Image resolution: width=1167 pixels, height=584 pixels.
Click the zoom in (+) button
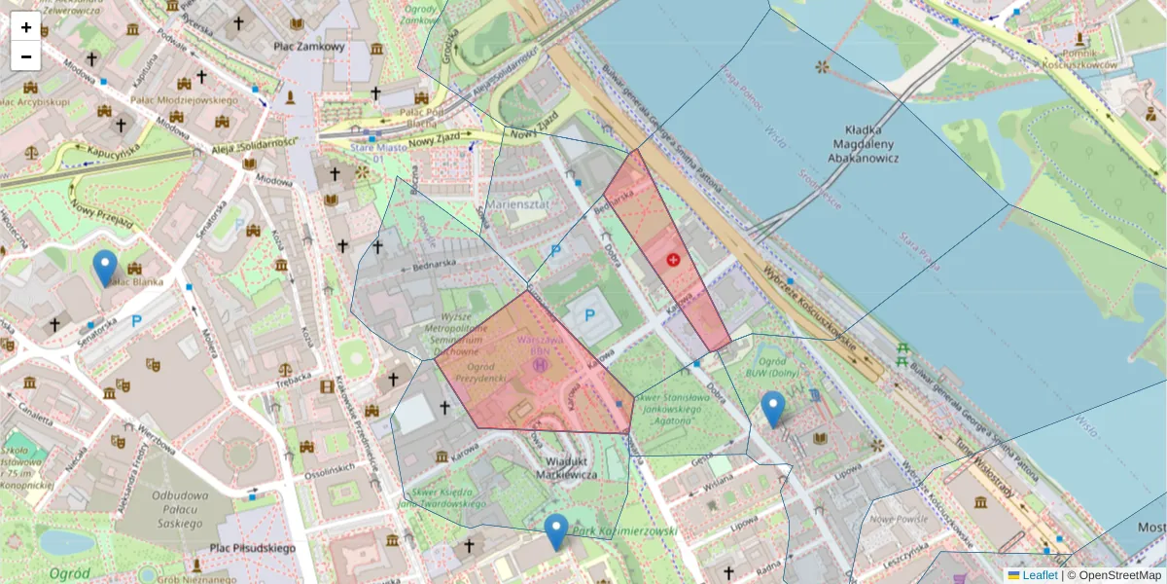[26, 26]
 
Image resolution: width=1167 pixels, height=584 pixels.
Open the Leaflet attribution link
[1039, 575]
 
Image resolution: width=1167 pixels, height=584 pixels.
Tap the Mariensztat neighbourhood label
[526, 206]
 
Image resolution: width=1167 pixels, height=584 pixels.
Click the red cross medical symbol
[674, 260]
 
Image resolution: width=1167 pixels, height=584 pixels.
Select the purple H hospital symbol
[541, 365]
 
